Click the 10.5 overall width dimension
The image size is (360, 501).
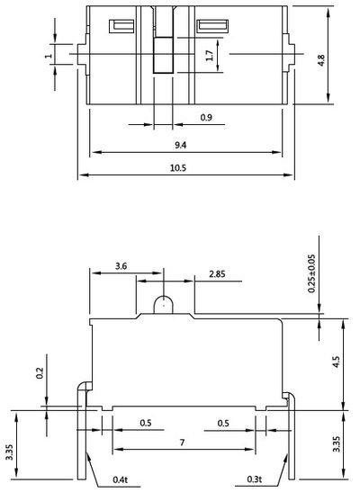coord(178,167)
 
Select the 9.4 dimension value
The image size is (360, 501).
coord(180,145)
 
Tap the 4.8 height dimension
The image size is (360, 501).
coord(320,60)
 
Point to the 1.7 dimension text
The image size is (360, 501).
coord(210,56)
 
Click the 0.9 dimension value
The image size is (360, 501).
coord(206,118)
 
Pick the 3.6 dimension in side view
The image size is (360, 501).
coord(121,266)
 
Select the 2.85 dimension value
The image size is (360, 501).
coord(217,274)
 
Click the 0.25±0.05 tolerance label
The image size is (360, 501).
coord(311,273)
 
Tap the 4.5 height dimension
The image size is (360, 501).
coord(336,362)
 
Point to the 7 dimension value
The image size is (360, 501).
coord(182,443)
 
